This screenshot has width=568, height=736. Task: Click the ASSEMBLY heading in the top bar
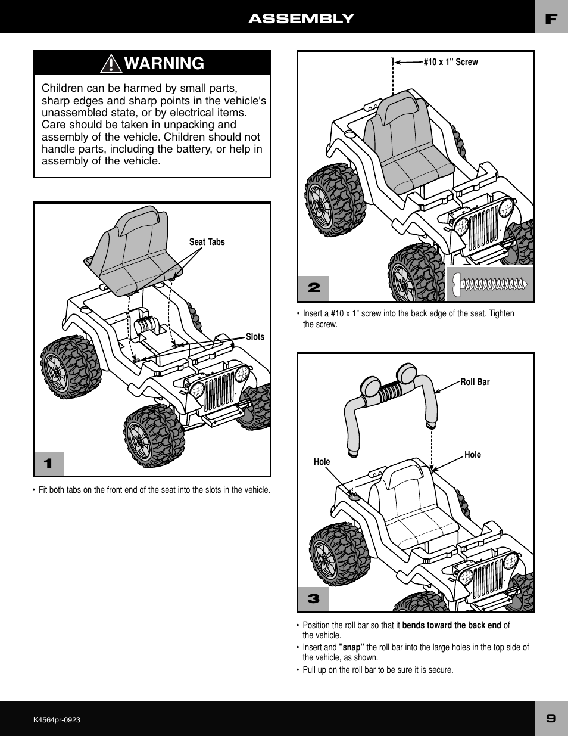[301, 18]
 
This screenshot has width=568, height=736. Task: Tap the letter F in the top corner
[551, 18]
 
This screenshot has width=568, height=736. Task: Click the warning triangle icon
[111, 63]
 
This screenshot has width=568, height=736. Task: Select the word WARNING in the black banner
[165, 63]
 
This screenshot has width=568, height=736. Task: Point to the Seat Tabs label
[207, 242]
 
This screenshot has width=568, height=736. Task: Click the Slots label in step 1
[255, 337]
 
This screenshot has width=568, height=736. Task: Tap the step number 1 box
[49, 464]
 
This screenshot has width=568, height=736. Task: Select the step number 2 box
[314, 288]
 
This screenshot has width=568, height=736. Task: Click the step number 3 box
[314, 598]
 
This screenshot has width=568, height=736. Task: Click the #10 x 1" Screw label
[450, 62]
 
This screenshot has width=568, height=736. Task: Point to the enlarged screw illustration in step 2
[489, 284]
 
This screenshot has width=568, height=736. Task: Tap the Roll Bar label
[475, 382]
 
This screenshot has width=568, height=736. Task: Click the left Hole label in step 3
[322, 462]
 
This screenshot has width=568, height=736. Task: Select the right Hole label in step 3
[472, 455]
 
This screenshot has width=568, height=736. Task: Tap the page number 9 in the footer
[551, 718]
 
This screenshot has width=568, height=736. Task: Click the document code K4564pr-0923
[57, 720]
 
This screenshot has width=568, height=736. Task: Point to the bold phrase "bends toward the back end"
[451, 625]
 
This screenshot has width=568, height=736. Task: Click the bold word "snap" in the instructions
[351, 647]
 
